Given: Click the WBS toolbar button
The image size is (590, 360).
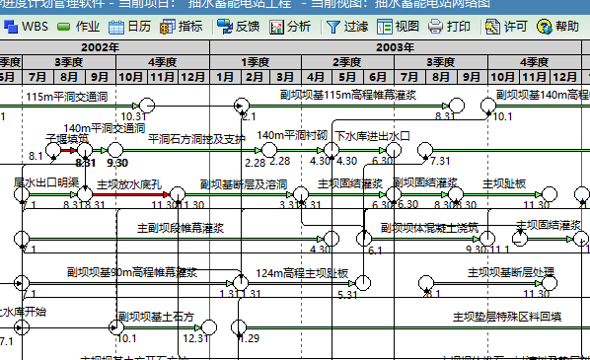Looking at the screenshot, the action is (x=27, y=26).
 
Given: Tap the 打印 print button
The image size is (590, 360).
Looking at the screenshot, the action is (x=449, y=26).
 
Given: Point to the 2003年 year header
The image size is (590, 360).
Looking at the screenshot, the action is (x=395, y=47).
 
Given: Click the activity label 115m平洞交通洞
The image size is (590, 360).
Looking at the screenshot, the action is (x=66, y=97).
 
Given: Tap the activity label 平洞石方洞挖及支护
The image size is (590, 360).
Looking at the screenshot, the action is (x=196, y=139).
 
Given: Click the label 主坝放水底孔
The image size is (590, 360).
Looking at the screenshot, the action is (x=128, y=184).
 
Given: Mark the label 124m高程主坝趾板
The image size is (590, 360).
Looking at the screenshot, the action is (x=302, y=272).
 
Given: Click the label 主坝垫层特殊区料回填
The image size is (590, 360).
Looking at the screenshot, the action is (x=506, y=317).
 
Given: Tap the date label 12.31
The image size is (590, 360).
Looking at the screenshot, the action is (x=195, y=339).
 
